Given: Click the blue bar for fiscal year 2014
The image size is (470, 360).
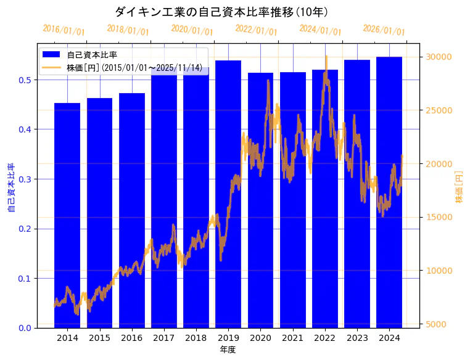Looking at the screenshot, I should point(67,215).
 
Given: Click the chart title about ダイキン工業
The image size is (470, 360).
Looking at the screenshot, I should point(221,12).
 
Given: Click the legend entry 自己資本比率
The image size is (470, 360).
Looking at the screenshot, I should point(92,55).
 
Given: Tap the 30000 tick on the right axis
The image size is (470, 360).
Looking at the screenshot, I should point(438,57).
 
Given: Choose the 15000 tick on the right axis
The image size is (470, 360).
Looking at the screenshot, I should point(438,218).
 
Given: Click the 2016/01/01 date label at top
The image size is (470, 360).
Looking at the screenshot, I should point(64,30).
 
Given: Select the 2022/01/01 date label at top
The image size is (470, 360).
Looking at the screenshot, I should point(257,30).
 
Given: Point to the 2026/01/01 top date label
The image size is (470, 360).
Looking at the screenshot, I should point(384,30).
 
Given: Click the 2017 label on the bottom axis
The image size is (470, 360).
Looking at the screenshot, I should point(163,338).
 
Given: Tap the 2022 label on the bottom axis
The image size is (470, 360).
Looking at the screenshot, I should point(324,338).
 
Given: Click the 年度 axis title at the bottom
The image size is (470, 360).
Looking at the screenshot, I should point(228,350).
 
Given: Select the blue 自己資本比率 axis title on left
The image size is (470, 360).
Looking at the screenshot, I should point(11,188).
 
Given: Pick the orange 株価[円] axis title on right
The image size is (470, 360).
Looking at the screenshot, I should point(459,187).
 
